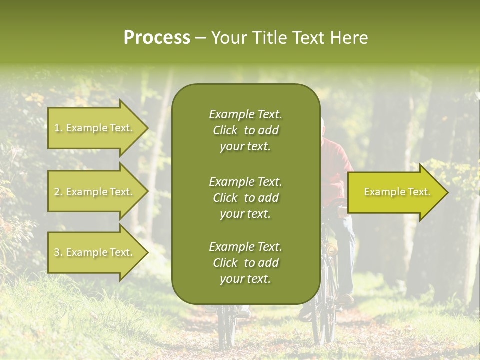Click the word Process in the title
click(x=157, y=38)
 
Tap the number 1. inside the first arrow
click(x=58, y=128)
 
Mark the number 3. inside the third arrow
click(x=58, y=253)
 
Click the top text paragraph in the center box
click(x=245, y=130)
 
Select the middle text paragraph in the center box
click(x=245, y=197)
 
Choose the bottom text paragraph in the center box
click(x=245, y=263)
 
